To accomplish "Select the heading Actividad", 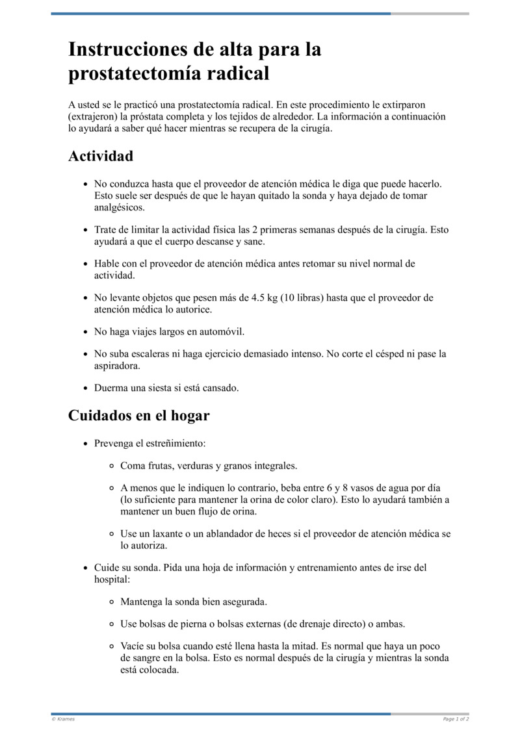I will (101, 157).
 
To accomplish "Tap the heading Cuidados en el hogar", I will (138, 415).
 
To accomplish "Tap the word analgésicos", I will (120, 208).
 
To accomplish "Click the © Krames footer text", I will (63, 719).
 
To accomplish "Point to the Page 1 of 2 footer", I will (456, 719).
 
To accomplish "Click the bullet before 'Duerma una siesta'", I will (85, 388).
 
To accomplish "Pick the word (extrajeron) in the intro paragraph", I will (93, 116).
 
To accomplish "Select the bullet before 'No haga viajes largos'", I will (85, 332).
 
